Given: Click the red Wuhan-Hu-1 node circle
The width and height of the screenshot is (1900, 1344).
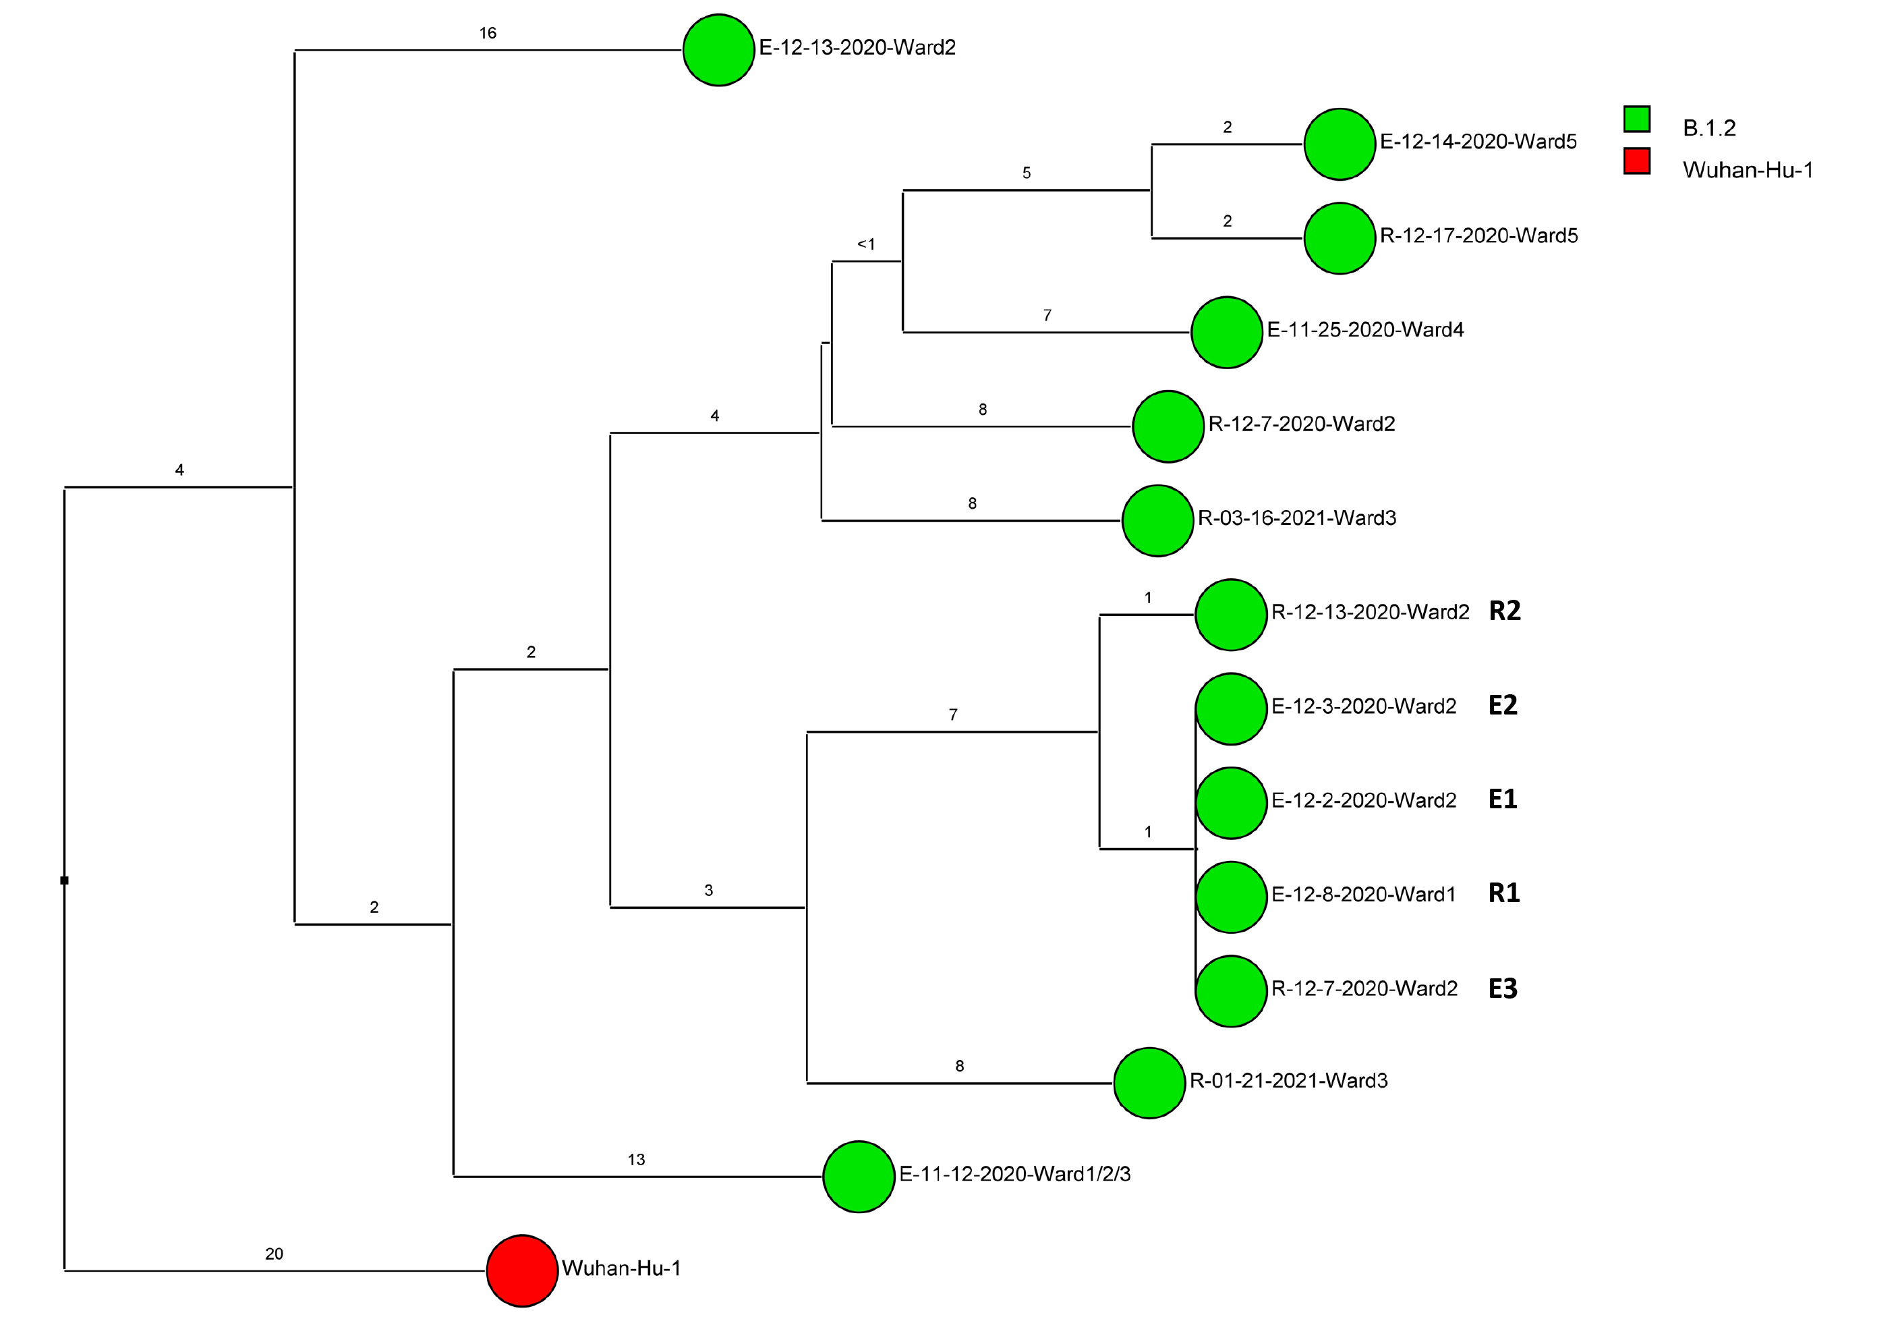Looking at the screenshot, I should tap(521, 1271).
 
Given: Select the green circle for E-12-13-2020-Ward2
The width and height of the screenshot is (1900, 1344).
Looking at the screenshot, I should tap(718, 50).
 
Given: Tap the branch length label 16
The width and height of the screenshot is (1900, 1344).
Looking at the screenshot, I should tap(488, 33).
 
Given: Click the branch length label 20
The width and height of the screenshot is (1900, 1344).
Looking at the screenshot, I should tap(274, 1254).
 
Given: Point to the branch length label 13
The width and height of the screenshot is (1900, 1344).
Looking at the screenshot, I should tap(635, 1159).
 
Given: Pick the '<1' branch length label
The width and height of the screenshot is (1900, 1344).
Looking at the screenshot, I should tap(865, 244).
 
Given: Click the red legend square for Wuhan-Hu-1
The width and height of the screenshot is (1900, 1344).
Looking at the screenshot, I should tap(1636, 161).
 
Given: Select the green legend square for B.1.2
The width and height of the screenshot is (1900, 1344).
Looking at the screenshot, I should tap(1636, 119).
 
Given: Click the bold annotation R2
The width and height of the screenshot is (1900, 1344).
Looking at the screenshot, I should tap(1505, 611).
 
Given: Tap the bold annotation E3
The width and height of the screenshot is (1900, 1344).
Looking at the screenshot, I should tap(1503, 988).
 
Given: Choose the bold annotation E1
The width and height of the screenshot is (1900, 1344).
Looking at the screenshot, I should tap(1503, 799).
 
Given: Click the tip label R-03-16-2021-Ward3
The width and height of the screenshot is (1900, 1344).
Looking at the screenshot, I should tap(1297, 518).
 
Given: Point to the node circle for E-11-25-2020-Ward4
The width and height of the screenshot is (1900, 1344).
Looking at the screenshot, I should tap(1226, 333).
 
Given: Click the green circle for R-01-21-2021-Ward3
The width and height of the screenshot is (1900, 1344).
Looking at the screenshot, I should tap(1149, 1084).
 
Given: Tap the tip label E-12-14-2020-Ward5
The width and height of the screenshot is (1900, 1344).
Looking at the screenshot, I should tap(1478, 142).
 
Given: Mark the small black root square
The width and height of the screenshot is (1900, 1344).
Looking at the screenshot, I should tap(65, 880).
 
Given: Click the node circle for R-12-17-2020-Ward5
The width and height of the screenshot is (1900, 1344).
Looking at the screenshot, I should tap(1340, 238).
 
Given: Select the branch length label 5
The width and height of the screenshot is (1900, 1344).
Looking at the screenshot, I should tap(1026, 173).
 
